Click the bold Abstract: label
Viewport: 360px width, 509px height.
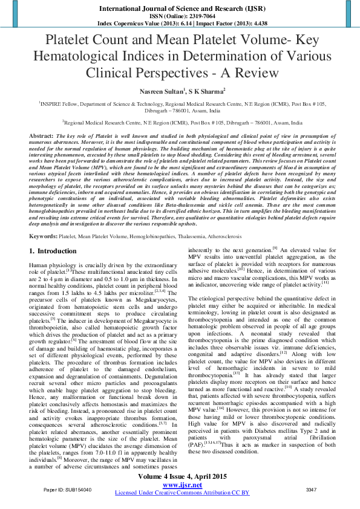click(x=42, y=137)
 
